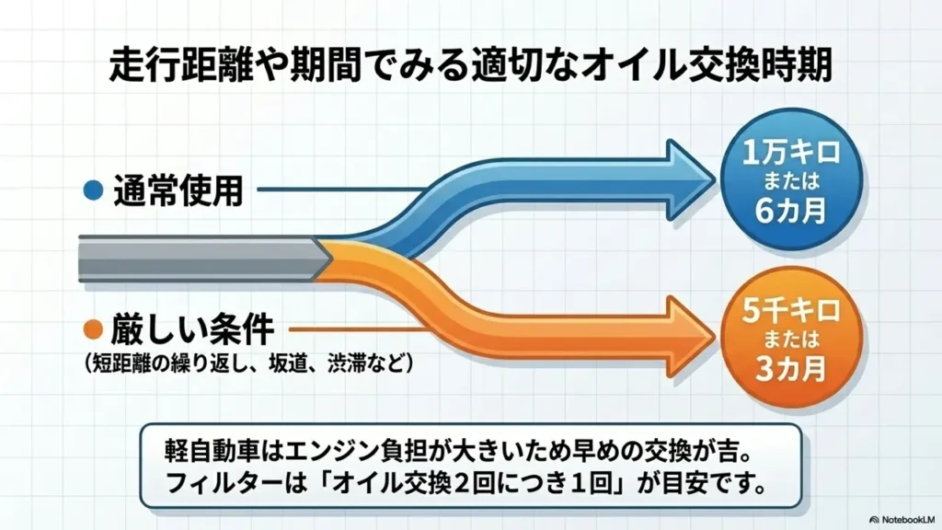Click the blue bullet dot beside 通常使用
tap(94, 190)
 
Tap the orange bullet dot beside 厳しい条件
tap(94, 329)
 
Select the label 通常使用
tap(178, 190)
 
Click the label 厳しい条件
tap(192, 329)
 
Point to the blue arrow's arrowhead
tap(691, 179)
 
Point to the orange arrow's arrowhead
tap(691, 337)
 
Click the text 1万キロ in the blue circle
tap(791, 153)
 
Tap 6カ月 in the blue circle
tap(790, 210)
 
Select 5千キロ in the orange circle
tap(791, 311)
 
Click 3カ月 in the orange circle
tap(790, 368)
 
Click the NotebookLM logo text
tap(902, 519)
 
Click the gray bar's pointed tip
tap(332, 259)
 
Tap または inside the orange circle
tap(791, 340)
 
